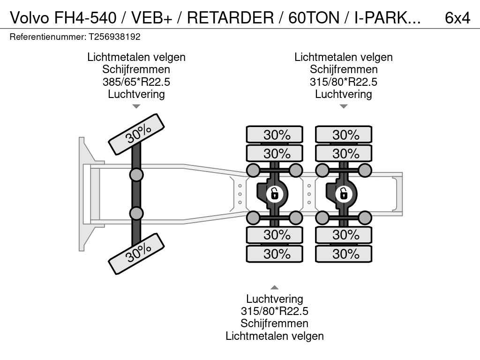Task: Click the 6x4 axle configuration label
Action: (x=457, y=18)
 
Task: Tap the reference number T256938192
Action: (x=114, y=37)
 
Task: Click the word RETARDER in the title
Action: (x=230, y=18)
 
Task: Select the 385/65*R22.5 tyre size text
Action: (x=136, y=82)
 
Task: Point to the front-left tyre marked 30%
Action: (x=136, y=134)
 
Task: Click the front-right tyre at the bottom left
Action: (x=136, y=254)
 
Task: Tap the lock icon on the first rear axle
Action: (x=274, y=194)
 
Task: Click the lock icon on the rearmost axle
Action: (x=343, y=194)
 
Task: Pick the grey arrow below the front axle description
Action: (x=136, y=106)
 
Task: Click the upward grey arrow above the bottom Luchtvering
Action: (x=274, y=287)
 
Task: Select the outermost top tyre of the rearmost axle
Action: (x=344, y=135)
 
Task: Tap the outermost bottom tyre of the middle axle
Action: (x=275, y=254)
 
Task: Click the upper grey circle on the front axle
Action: (x=136, y=175)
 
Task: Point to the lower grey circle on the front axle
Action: (x=136, y=213)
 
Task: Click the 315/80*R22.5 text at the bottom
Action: (x=274, y=311)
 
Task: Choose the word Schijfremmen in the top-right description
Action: (x=344, y=69)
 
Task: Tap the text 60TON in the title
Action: (x=314, y=18)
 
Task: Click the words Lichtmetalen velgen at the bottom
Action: (x=275, y=336)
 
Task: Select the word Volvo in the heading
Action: (x=30, y=18)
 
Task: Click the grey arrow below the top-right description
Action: (x=344, y=106)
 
